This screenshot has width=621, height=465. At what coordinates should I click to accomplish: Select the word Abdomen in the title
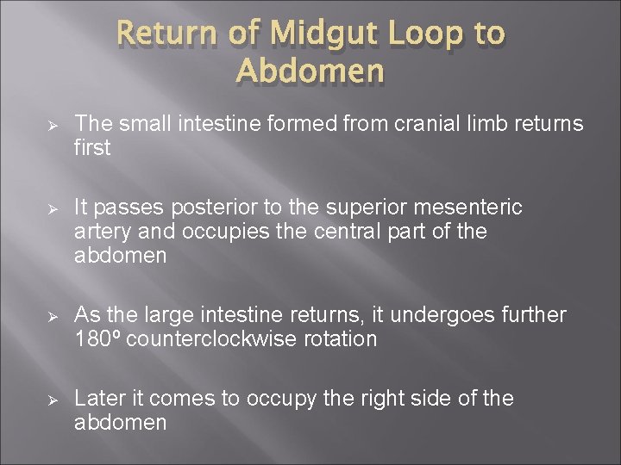(x=310, y=71)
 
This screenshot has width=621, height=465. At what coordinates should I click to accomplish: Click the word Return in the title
(x=171, y=34)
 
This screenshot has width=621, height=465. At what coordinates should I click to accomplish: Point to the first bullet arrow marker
(x=51, y=126)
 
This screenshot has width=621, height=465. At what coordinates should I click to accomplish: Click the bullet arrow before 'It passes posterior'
(x=51, y=209)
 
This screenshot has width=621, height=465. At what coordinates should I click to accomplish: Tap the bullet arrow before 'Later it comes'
(x=51, y=400)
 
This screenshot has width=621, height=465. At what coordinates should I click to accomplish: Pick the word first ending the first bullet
(x=92, y=148)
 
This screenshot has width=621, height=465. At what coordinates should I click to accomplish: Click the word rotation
(x=341, y=339)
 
